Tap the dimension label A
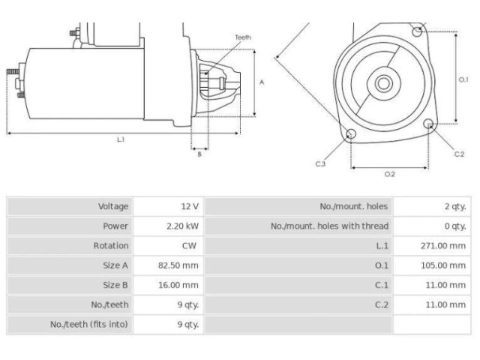pos(262,82)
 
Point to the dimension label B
pos(199,154)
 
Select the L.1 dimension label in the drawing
pos(121,139)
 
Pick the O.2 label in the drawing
pos(390,174)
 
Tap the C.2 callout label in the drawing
pos(459,154)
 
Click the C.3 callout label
pos(320,163)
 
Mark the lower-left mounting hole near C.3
pos(351,134)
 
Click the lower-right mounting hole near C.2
pos(429,124)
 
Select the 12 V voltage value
pos(189,206)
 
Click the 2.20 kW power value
pos(182,226)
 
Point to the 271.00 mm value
pos(443,245)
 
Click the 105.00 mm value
pos(443,265)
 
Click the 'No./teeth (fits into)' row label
pos(89,324)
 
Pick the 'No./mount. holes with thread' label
pos(329,226)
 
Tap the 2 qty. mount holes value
pos(455,206)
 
